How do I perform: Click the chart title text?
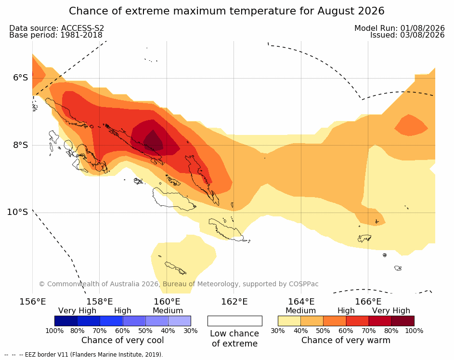[x=226, y=11]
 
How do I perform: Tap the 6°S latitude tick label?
[x=20, y=78]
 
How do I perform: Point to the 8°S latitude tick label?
[x=20, y=145]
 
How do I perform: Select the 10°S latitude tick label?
[x=18, y=212]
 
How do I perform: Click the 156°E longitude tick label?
[x=32, y=302]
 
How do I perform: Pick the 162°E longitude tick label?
[x=234, y=302]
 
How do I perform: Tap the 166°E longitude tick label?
[x=368, y=302]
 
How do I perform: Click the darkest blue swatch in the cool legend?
[x=66, y=321]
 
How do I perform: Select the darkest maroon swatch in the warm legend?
[x=403, y=321]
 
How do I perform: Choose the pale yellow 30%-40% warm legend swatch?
[x=289, y=321]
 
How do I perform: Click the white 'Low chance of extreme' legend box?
[x=235, y=321]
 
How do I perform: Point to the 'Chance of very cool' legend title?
[x=122, y=340]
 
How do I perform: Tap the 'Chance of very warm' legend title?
[x=346, y=340]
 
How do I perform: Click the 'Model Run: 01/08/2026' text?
[x=400, y=28]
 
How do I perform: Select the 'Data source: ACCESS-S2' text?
[x=57, y=28]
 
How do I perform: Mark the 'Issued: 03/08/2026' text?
[x=407, y=35]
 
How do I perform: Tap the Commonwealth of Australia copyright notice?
[x=179, y=284]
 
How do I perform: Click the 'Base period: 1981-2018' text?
[x=56, y=35]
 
